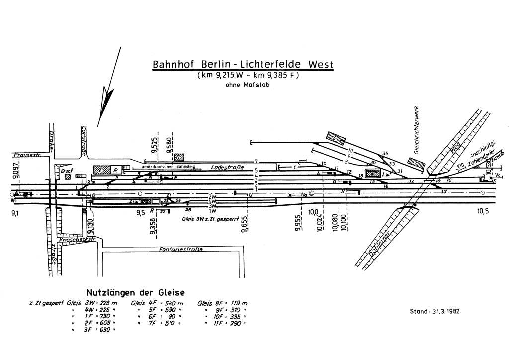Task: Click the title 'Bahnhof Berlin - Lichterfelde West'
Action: pos(243,65)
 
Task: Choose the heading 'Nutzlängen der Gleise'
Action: pos(136,293)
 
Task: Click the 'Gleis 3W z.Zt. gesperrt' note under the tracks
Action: pos(210,218)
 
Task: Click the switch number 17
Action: pos(444,191)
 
